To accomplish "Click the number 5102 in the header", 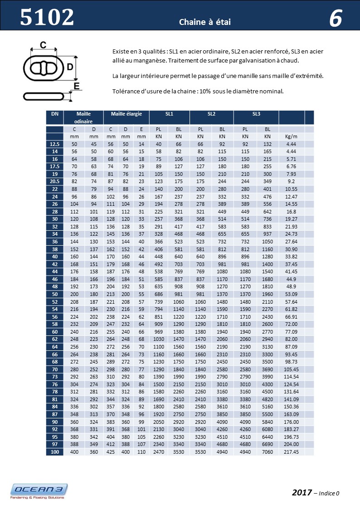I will coord(47,17).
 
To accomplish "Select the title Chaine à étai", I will coord(205,22).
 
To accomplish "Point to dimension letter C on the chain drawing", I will coord(43,44).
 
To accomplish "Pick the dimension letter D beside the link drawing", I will coord(70,68).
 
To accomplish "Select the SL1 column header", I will coord(170,114).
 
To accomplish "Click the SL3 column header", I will coord(255,114).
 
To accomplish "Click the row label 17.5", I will coord(54,166).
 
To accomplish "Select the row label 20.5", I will coord(54,181).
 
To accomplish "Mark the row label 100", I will coord(54,452).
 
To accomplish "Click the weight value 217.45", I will coord(291,452).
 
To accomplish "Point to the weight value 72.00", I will coord(291,324).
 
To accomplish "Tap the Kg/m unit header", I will coord(291,136).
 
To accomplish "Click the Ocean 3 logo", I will coord(39,491).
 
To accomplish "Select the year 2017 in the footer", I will coord(302,492).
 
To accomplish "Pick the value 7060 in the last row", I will coord(268,452).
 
